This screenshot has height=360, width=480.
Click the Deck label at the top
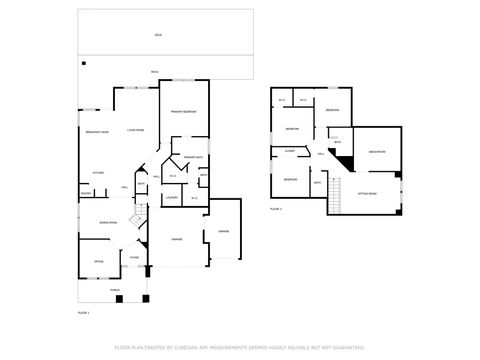pyautogui.click(x=157, y=35)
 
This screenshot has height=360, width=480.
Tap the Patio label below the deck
pyautogui.click(x=154, y=72)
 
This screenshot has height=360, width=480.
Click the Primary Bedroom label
pyautogui.click(x=182, y=111)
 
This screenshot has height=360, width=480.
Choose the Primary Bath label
pyautogui.click(x=193, y=158)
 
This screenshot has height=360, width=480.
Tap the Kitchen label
pyautogui.click(x=99, y=173)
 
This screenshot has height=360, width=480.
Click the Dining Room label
pyautogui.click(x=108, y=222)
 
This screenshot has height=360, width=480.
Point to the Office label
pyautogui.click(x=99, y=261)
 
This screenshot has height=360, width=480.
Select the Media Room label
pyautogui.click(x=377, y=152)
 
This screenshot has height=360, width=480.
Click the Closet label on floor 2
pyautogui.click(x=289, y=151)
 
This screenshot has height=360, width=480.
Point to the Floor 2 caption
pyautogui.click(x=276, y=209)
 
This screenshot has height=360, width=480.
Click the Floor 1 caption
pyautogui.click(x=84, y=313)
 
